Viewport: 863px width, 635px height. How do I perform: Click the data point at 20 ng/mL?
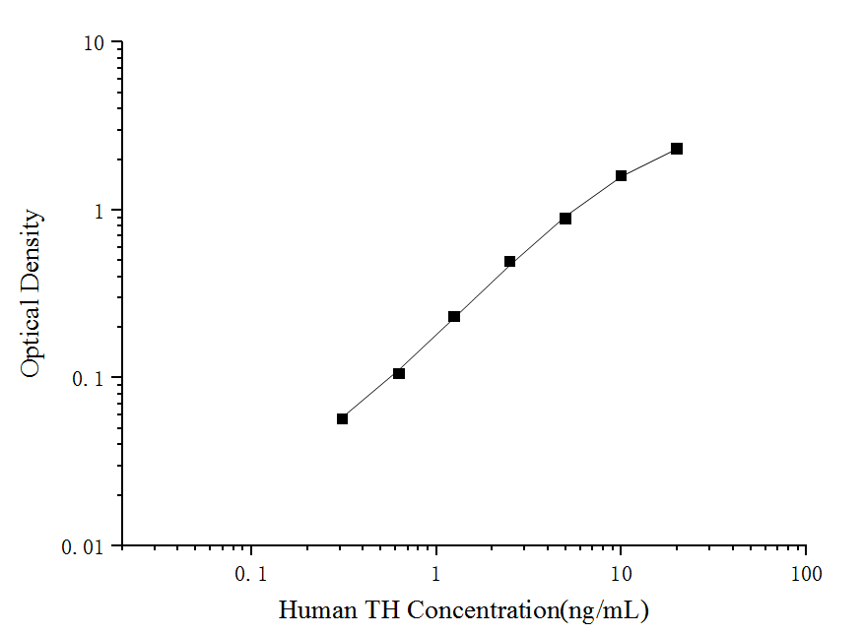[x=677, y=149]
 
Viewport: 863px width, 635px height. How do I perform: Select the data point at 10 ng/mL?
[x=622, y=175]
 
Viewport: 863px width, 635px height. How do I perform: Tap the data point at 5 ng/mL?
[x=565, y=219]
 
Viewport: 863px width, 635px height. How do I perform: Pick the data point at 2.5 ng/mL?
[x=510, y=261]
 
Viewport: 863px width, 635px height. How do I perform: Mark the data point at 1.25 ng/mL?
[x=454, y=316]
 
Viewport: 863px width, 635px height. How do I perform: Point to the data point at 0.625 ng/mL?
[x=399, y=373]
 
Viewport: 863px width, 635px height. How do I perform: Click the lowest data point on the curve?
[x=343, y=418]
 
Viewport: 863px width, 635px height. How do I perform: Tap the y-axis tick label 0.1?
[x=93, y=379]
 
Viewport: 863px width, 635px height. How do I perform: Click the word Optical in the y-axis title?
[x=32, y=340]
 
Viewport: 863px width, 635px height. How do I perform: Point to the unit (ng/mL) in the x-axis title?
[x=604, y=611]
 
